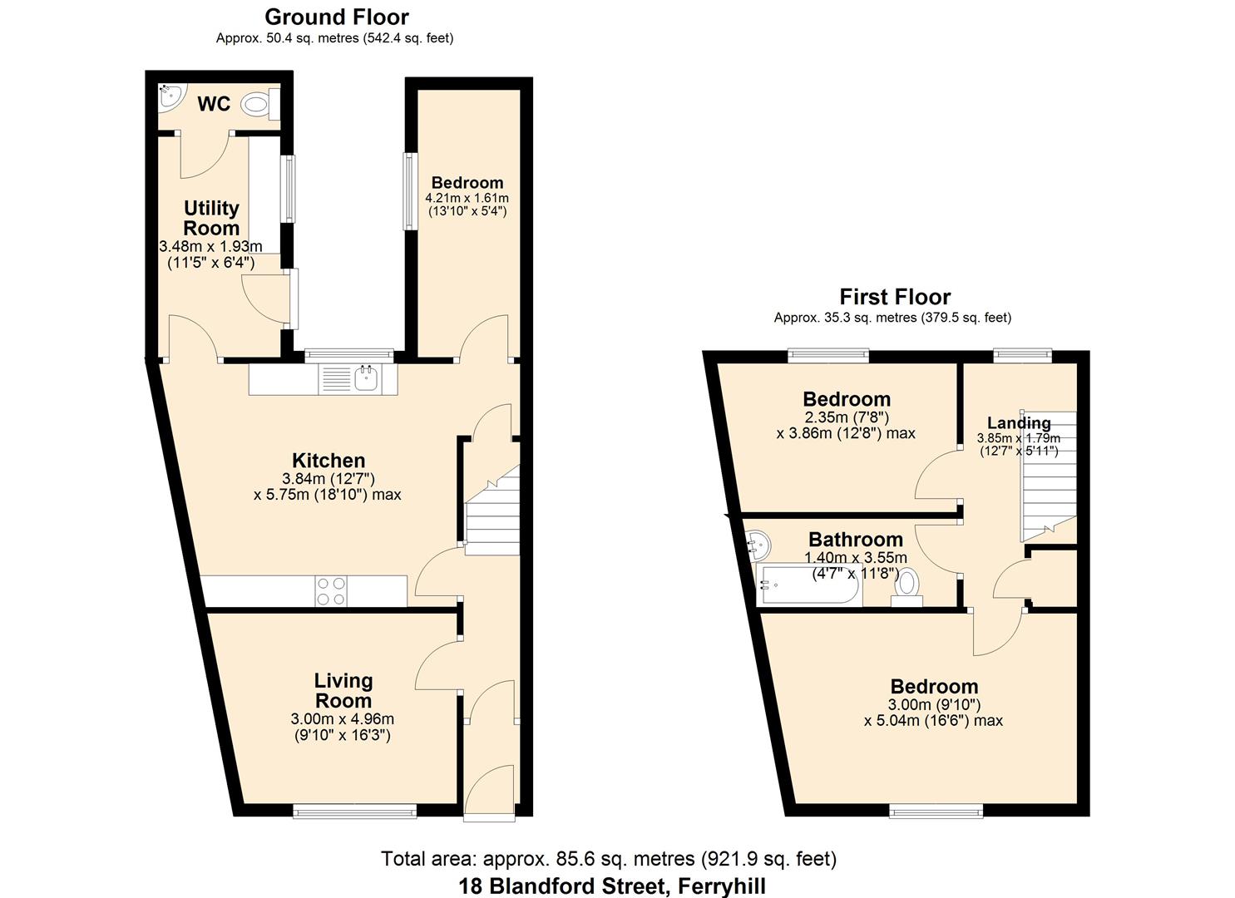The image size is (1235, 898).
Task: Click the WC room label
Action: [214, 104]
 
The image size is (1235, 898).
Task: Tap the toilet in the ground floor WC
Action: [260, 104]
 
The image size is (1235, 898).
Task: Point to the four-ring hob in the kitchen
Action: [331, 591]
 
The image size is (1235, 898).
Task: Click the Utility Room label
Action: [211, 218]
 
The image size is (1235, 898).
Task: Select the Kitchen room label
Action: [329, 461]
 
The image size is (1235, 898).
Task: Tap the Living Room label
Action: [343, 691]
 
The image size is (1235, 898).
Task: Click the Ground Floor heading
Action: [337, 17]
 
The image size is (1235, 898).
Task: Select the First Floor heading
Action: [895, 297]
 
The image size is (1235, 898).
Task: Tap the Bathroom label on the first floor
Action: [856, 539]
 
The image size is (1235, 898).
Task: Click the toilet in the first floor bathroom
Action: [906, 588]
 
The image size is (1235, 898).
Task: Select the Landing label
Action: [1019, 423]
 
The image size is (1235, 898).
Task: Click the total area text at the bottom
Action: [609, 859]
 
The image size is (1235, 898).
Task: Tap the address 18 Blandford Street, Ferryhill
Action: [612, 886]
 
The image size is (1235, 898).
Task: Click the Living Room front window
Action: [354, 811]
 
